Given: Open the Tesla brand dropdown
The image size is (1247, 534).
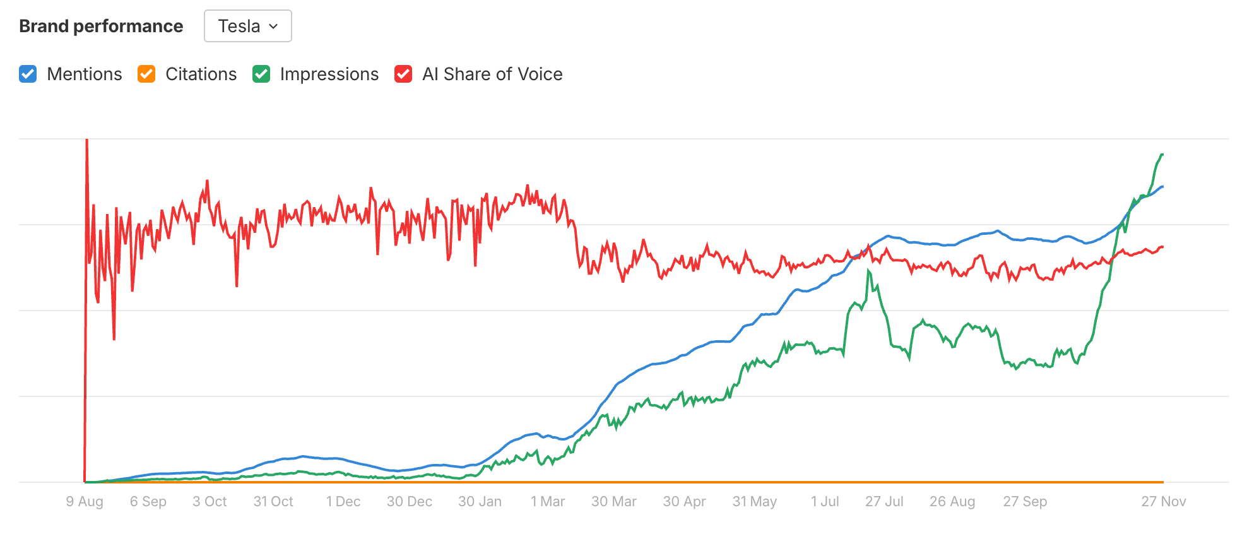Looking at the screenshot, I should click(x=247, y=26).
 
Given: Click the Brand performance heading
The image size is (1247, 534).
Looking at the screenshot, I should click(x=101, y=26).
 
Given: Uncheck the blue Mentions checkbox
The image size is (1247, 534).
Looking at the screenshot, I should click(x=28, y=74).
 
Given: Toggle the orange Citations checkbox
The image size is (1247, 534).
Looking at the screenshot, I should click(x=146, y=74).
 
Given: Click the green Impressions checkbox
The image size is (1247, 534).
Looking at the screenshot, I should click(x=261, y=74).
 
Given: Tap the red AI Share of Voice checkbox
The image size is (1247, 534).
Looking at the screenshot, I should click(x=403, y=74).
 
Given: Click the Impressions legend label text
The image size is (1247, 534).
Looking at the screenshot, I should click(x=329, y=74).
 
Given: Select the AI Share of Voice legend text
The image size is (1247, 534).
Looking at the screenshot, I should click(x=492, y=74).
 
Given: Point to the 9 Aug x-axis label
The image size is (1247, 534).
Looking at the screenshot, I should click(x=85, y=501).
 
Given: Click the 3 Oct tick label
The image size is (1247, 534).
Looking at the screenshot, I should click(x=210, y=501).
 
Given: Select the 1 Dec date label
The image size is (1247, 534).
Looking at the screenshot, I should click(x=343, y=501).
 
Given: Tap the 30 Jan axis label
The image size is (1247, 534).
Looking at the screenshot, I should click(x=480, y=501).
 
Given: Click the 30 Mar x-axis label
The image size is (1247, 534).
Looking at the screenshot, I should click(x=613, y=501).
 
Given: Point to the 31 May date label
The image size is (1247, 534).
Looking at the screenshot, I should click(x=754, y=501).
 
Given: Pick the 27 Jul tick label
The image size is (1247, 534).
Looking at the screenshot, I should click(x=884, y=501).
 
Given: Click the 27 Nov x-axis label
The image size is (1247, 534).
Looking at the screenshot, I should click(x=1163, y=501).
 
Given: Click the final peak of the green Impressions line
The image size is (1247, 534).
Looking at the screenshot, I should click(x=1162, y=155).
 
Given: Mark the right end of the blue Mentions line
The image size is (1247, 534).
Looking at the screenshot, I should click(x=1162, y=187).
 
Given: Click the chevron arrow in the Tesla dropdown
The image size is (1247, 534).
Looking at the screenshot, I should click(x=273, y=27).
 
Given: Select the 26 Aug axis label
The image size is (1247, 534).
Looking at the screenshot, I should click(x=952, y=501).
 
